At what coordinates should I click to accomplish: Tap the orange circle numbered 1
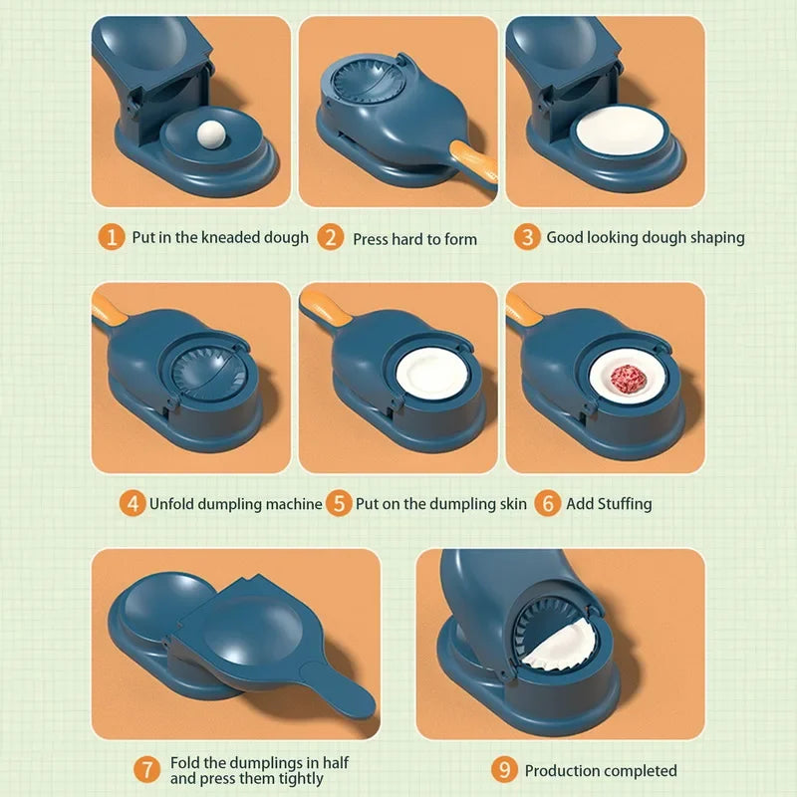pos(112,237)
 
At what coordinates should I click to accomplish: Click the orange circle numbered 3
pos(527,237)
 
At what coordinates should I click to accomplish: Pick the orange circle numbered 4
pos(132,503)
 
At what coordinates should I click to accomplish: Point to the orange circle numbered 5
pos(340,503)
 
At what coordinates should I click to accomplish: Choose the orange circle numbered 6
pos(547,503)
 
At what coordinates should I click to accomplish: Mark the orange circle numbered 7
pos(146,769)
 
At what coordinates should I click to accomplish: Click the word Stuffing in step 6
pos(624,504)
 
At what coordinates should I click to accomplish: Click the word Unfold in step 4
pos(172,504)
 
